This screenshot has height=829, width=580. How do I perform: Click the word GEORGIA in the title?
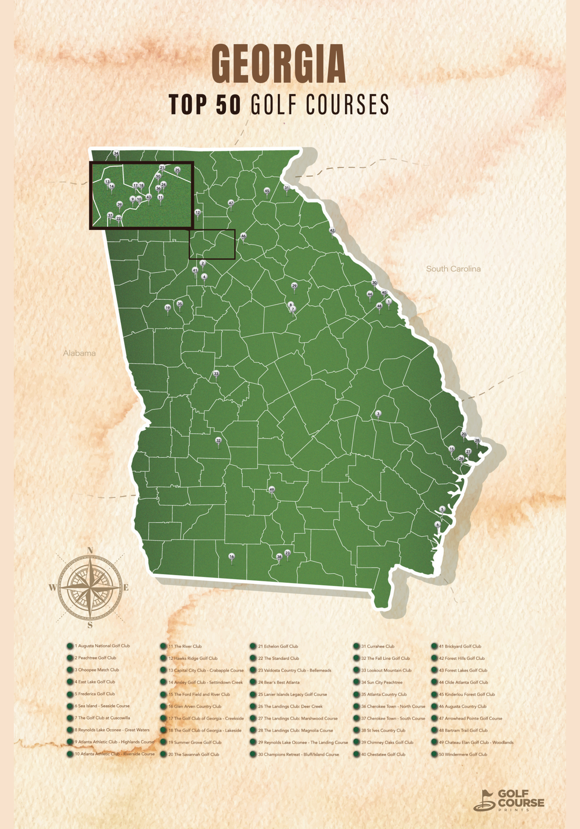coord(279,64)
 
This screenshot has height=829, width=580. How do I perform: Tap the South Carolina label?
coord(453,269)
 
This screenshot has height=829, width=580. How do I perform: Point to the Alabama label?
coord(79,353)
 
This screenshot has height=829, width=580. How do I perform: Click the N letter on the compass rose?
coord(90,550)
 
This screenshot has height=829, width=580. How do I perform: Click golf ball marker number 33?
coord(216,373)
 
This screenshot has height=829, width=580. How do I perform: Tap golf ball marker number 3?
coord(378,414)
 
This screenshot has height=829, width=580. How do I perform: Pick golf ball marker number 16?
coord(231,557)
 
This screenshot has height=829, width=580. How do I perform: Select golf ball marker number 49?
coord(272,490)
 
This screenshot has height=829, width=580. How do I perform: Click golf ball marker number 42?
coord(332,230)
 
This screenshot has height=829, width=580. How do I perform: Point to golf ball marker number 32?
coord(218,441)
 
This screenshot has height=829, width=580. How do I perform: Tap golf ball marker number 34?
coord(116,154)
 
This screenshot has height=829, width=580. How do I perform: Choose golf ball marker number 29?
coord(294,286)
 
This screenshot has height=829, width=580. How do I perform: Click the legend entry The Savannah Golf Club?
coord(193,754)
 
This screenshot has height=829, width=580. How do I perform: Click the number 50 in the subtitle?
coord(228,104)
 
